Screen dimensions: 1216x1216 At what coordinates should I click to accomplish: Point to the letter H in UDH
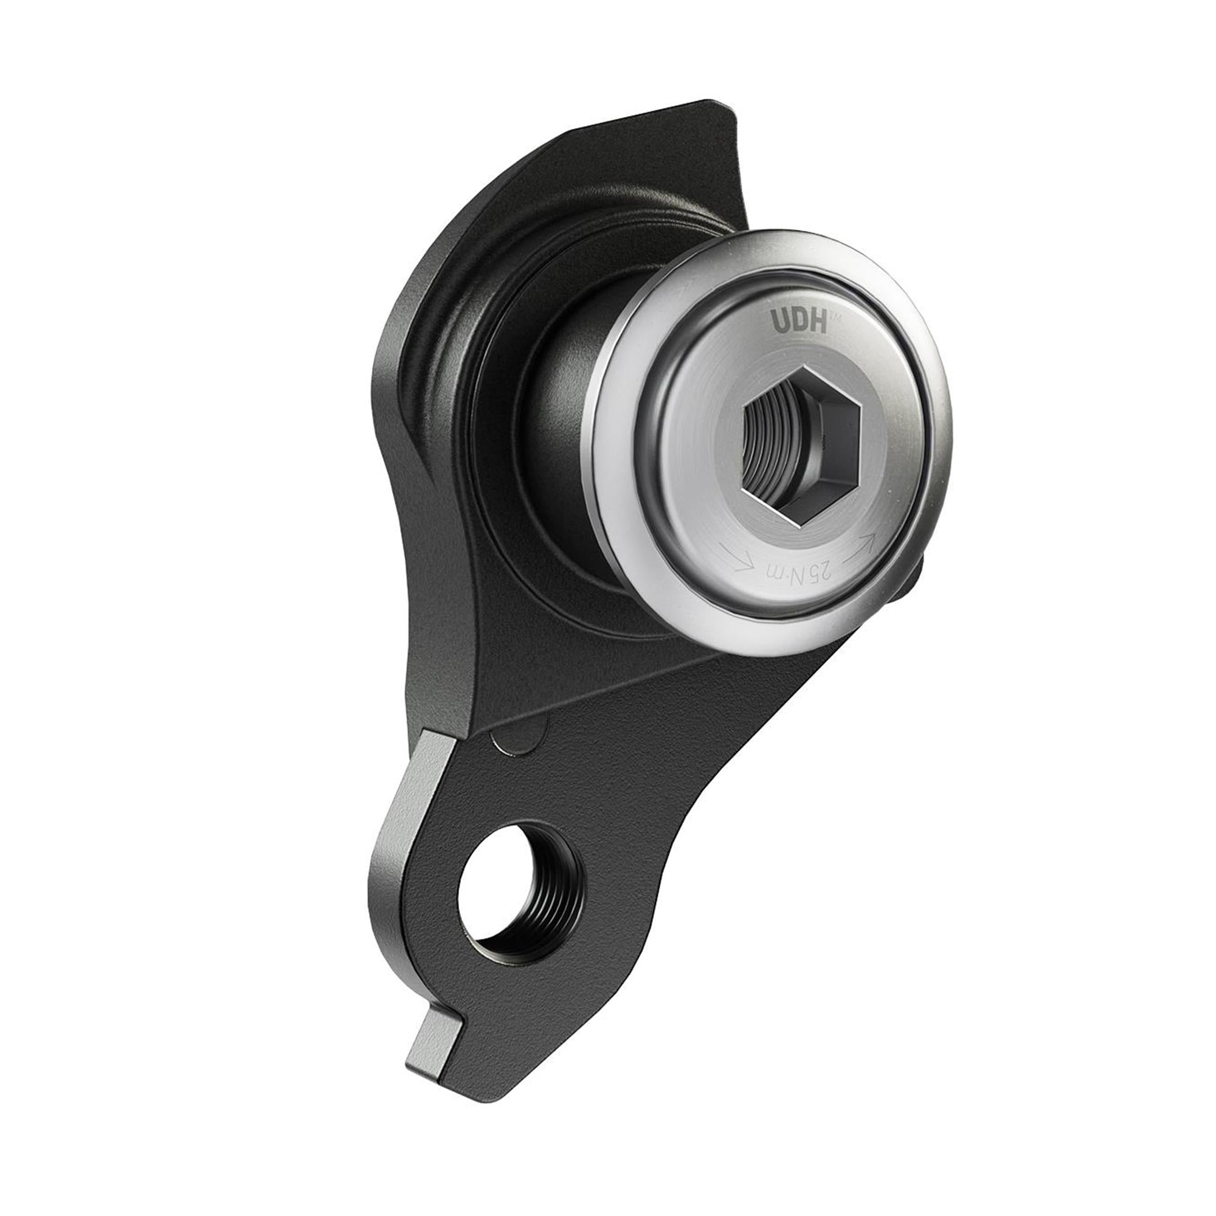[x=816, y=322]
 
